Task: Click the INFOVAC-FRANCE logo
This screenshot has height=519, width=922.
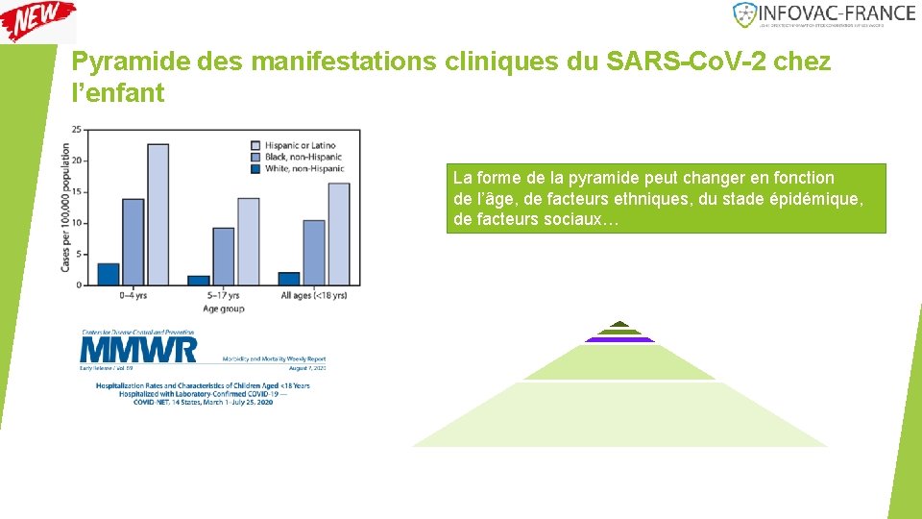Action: (x=823, y=14)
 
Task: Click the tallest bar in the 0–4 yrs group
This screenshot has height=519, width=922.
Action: (x=158, y=214)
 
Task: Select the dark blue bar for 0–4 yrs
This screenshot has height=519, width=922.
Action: (x=109, y=274)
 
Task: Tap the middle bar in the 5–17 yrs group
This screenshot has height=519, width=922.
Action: (x=223, y=256)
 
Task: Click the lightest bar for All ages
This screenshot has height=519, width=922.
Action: (x=338, y=234)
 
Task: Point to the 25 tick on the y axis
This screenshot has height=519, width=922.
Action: (x=76, y=130)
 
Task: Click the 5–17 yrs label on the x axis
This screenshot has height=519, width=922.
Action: (x=223, y=296)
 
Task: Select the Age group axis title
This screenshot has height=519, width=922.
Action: (x=223, y=309)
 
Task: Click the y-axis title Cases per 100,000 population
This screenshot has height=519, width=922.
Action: (x=65, y=206)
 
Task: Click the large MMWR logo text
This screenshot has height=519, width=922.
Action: (x=138, y=349)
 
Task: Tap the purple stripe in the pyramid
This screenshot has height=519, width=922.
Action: (x=619, y=339)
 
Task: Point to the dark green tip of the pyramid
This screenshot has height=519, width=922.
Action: (x=619, y=324)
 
